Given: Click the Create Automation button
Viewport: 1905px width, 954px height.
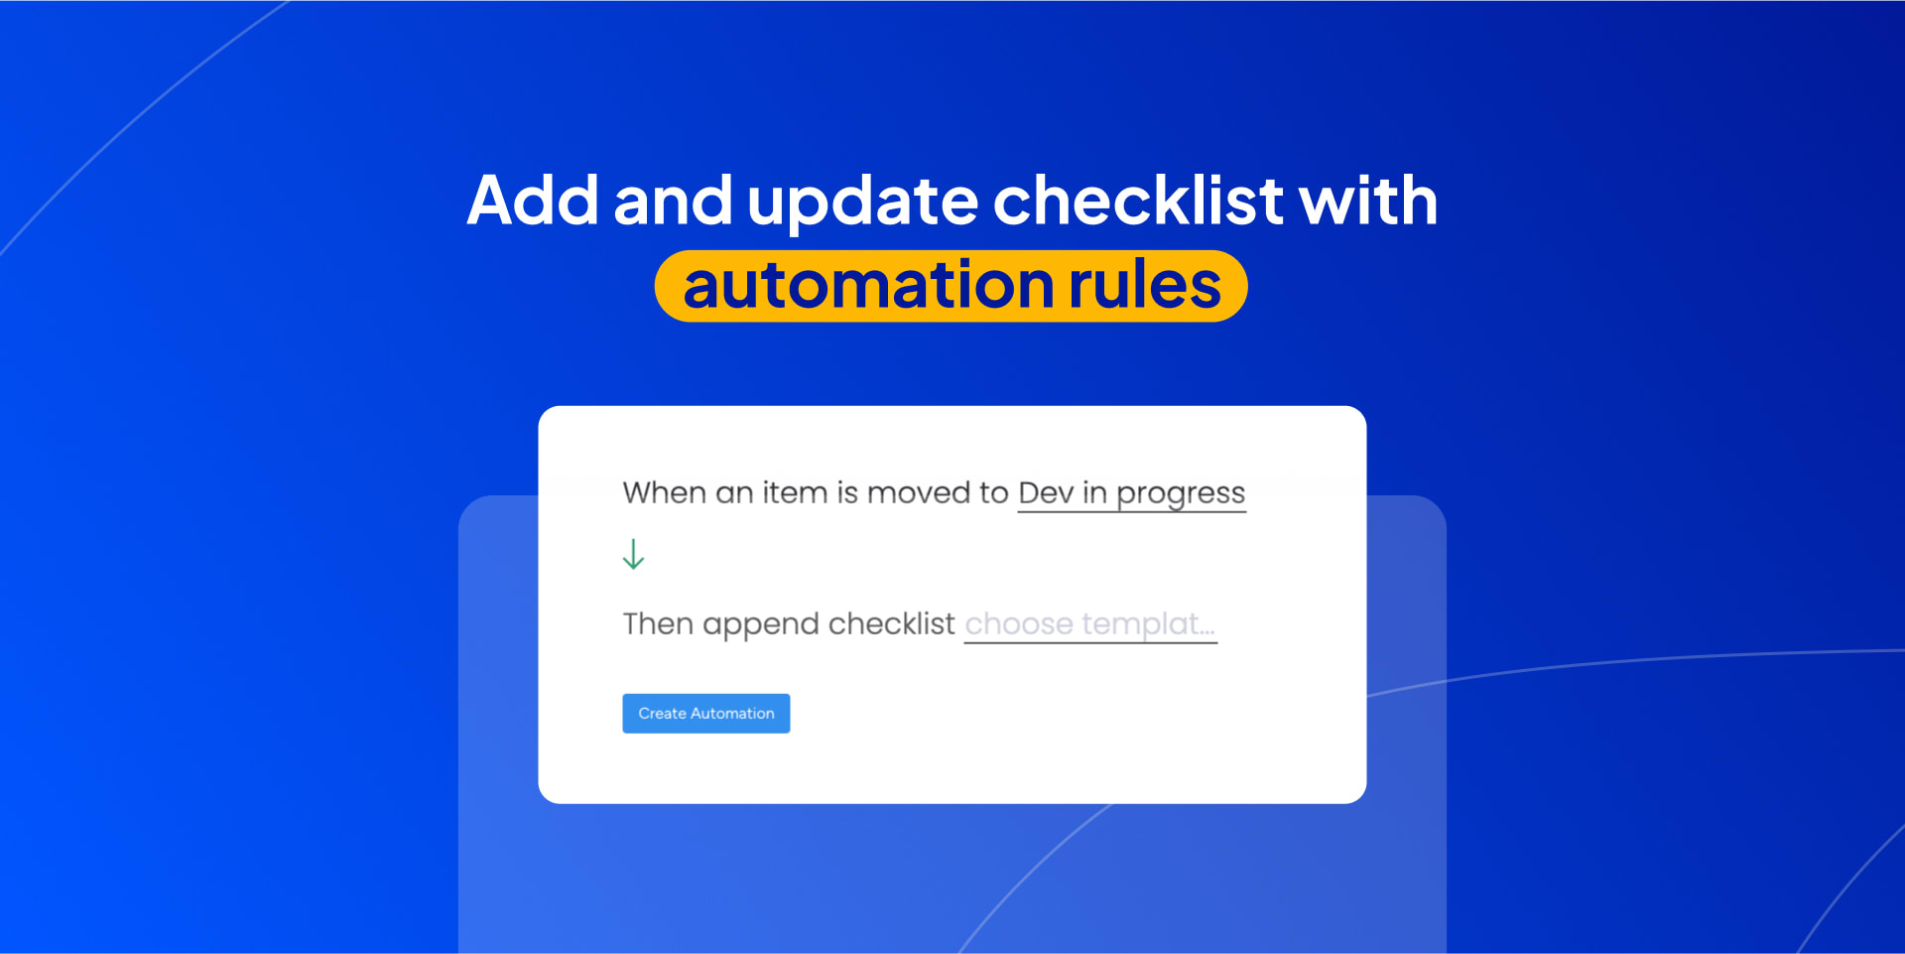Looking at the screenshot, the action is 705,713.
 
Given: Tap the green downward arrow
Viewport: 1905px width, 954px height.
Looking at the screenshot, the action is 633,554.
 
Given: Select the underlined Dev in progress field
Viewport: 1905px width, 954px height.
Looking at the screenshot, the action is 1131,493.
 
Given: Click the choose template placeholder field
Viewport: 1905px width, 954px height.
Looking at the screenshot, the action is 1090,624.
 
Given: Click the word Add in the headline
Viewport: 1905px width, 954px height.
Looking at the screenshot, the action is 533,201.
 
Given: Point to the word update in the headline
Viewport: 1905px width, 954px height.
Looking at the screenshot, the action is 862,203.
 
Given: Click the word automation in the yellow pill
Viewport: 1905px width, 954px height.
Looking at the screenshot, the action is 868,285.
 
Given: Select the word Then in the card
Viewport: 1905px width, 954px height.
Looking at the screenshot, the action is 658,623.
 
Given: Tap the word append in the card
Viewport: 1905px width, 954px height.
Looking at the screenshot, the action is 761,626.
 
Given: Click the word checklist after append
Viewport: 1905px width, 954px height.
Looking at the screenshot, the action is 891,623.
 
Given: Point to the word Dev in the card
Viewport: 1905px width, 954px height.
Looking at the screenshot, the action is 1046,492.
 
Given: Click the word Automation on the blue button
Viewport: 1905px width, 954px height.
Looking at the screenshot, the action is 732,713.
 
